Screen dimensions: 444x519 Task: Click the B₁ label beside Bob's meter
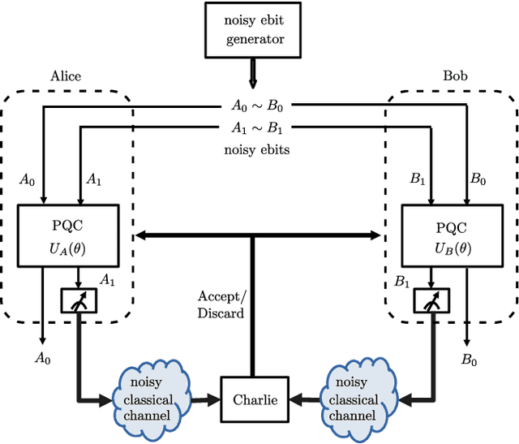[402, 282]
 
